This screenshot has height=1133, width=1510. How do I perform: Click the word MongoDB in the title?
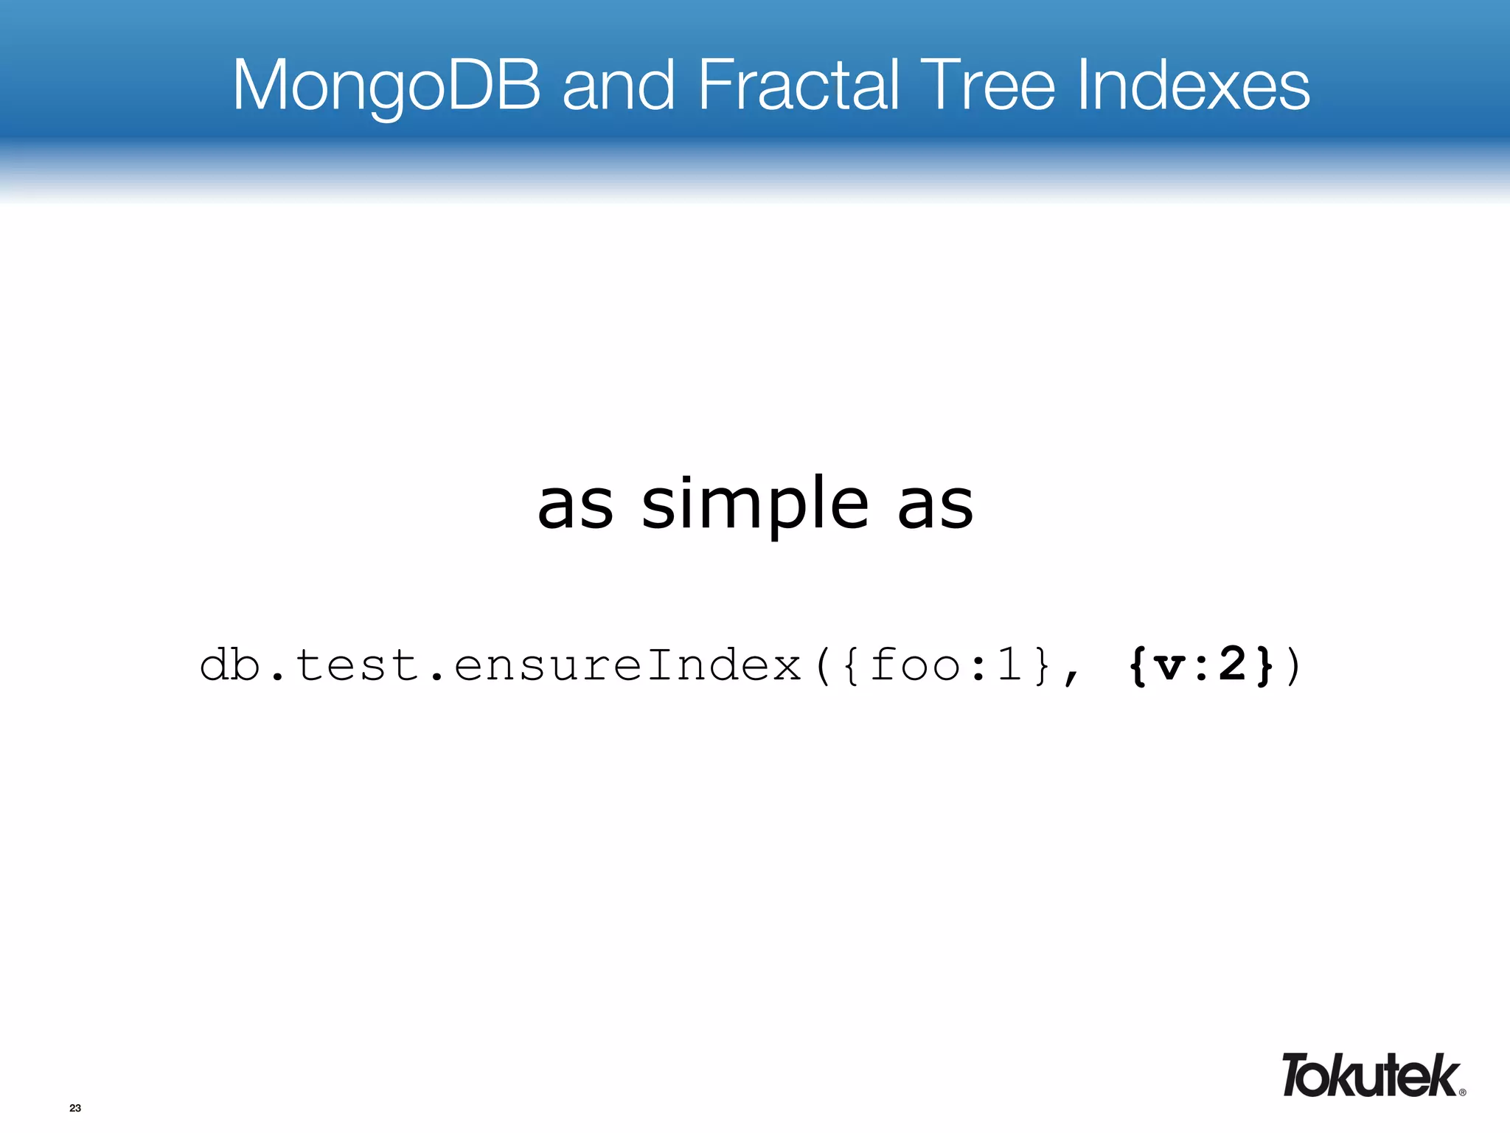tap(386, 86)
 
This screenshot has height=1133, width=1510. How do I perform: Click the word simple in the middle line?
tap(755, 506)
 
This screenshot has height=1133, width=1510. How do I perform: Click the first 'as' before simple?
tap(575, 506)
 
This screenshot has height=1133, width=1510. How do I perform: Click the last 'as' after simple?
tap(935, 506)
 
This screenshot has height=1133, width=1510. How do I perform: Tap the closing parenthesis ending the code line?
tap(1292, 666)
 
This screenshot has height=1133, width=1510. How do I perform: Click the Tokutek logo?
tap(1370, 1075)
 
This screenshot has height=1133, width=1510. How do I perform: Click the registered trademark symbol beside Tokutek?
tap(1462, 1092)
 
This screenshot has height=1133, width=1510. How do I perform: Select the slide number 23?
tap(75, 1108)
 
